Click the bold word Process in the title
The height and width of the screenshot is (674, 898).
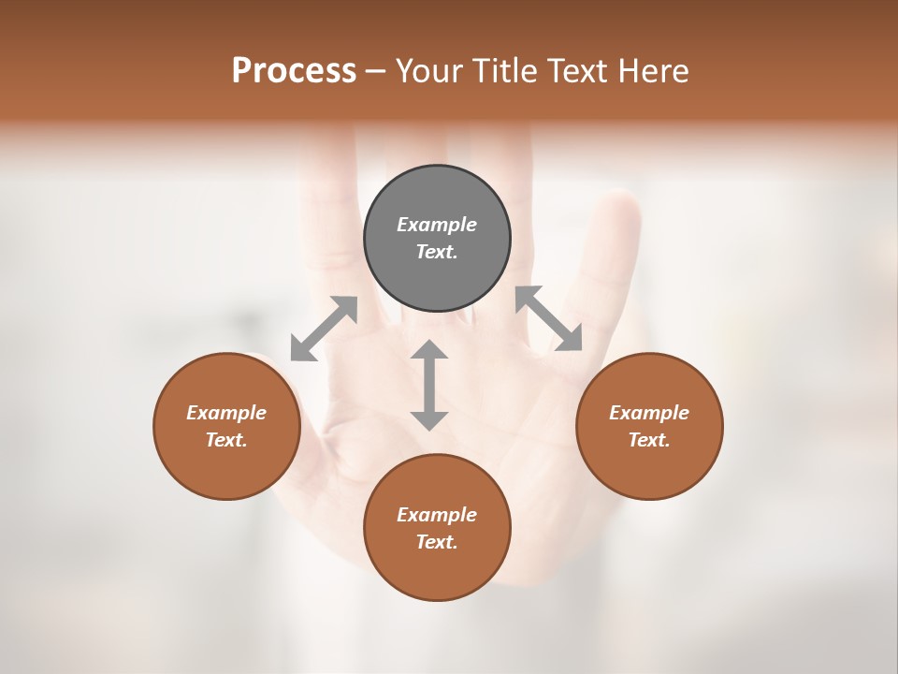(x=294, y=70)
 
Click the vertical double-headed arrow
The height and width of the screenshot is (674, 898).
(x=429, y=385)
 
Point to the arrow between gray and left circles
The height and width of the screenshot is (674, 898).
(x=324, y=329)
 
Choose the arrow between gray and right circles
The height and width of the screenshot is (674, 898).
(x=549, y=318)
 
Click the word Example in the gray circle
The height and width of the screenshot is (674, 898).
(x=437, y=225)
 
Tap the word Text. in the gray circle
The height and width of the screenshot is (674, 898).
(x=437, y=252)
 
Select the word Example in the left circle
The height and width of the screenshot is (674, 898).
(x=226, y=413)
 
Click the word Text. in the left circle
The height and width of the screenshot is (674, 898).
(x=226, y=440)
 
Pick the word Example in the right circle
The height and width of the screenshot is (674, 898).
(x=649, y=413)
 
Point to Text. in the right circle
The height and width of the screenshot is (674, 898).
(x=649, y=440)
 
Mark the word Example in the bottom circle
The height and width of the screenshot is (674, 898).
(x=437, y=515)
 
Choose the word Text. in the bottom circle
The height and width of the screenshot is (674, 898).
(x=437, y=542)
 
